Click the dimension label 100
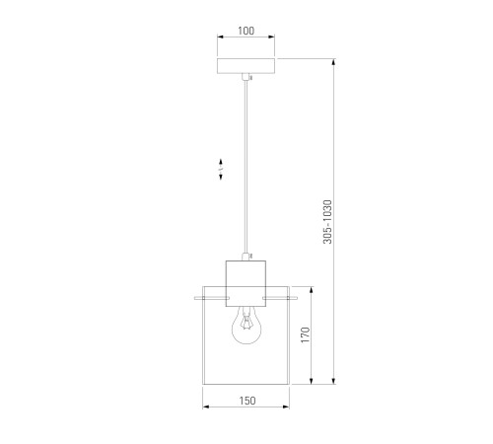(246, 31)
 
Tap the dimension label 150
(246, 401)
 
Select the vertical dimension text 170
(306, 334)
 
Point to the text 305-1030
(327, 222)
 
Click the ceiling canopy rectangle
(246, 66)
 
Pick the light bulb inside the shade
(246, 325)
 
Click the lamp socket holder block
(246, 283)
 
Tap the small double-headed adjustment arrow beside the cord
(221, 169)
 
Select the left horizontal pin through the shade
(212, 298)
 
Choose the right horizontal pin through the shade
(280, 298)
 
